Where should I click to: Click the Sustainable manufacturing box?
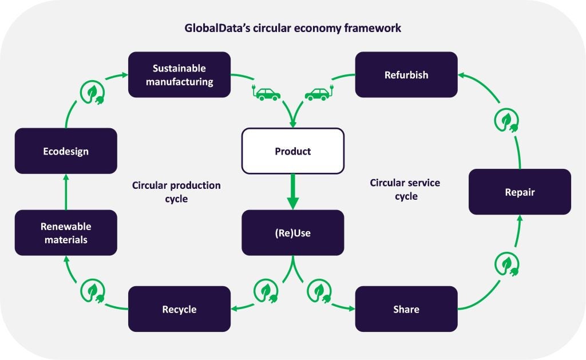point(179,75)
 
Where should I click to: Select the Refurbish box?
point(406,75)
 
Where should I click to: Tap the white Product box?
point(293,151)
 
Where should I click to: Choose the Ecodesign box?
point(66,151)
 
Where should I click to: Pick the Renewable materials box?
point(66,232)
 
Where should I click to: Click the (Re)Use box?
point(293,232)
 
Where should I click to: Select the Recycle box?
point(179,309)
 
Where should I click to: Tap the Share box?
point(406,309)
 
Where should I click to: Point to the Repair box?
point(520,192)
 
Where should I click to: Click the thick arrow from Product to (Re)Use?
point(293,191)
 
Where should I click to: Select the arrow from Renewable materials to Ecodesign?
point(66,192)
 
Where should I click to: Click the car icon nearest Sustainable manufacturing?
point(266,94)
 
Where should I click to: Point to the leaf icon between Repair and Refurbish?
point(506,120)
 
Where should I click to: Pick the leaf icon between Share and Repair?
point(507,264)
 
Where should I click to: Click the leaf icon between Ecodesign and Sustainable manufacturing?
point(92,92)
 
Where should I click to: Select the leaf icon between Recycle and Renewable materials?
point(92,291)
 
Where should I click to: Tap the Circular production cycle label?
point(176,192)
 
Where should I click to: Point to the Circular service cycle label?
point(405,189)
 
